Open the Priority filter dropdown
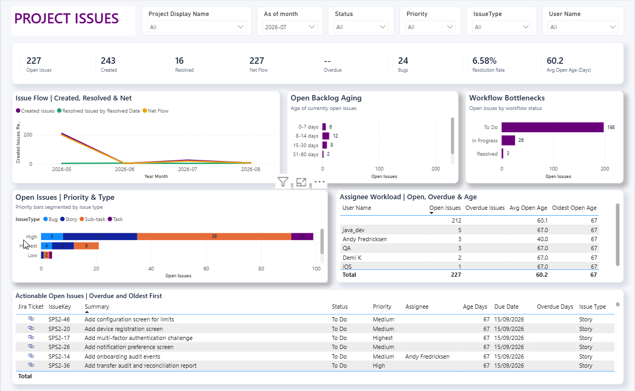[430, 27]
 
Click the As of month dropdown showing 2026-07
[290, 27]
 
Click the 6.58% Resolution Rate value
[484, 61]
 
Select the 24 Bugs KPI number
[403, 61]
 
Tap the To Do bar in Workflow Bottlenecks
[552, 127]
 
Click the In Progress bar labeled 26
[508, 140]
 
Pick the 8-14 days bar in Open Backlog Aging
[326, 136]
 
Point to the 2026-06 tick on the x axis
[124, 169]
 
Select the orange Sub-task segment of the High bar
[214, 236]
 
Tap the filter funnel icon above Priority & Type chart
[283, 182]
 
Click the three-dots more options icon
[319, 182]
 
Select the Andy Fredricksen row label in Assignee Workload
[364, 239]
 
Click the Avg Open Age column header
[528, 208]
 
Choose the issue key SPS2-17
[59, 338]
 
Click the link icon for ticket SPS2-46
[31, 319]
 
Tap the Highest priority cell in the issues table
[382, 338]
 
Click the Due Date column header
[506, 307]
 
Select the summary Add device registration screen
[124, 329]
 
